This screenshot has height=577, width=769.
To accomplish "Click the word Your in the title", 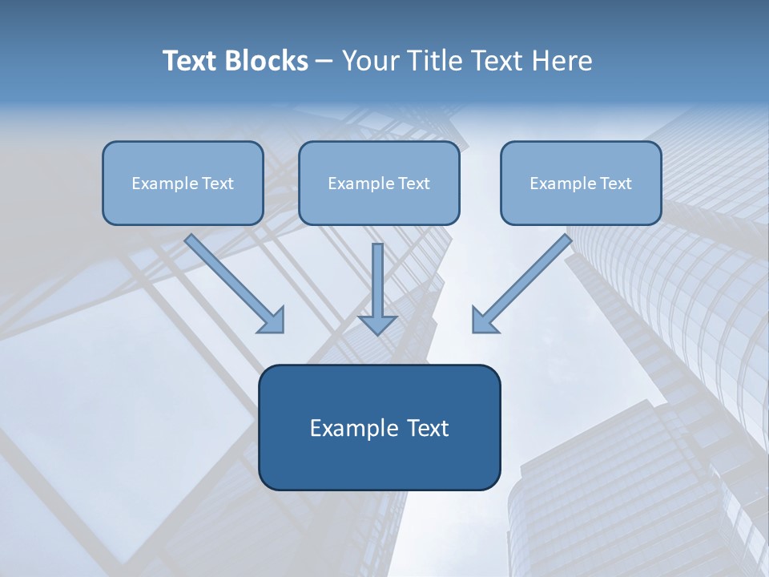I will pyautogui.click(x=368, y=61).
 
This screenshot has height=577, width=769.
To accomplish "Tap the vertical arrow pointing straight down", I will pyautogui.click(x=377, y=280).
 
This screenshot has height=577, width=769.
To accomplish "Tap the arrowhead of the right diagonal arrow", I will pyautogui.click(x=483, y=321).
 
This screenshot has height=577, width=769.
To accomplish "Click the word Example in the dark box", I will pyautogui.click(x=351, y=428).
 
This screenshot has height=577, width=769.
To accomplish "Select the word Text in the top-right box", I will pyautogui.click(x=615, y=184).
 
